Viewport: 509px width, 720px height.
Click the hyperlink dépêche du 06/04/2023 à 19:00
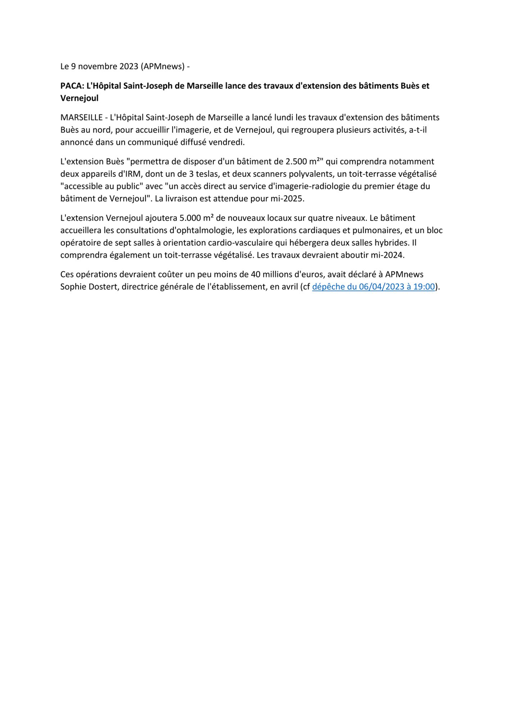coord(373,287)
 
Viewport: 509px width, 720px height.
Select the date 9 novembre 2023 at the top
coord(104,67)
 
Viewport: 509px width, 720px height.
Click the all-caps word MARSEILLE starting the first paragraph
coord(81,118)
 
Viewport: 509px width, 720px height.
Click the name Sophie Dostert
coord(89,287)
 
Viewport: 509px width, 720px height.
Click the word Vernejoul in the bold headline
coord(79,98)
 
